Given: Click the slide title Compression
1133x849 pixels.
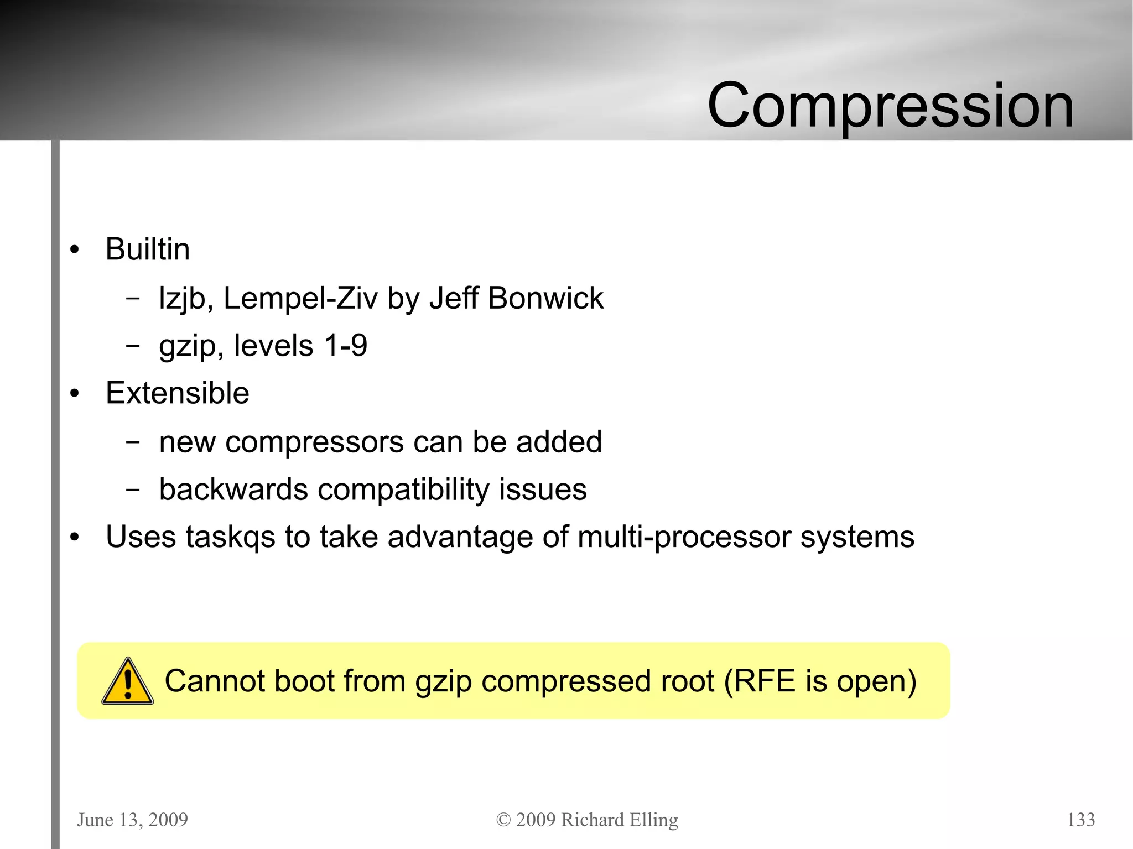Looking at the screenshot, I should pyautogui.click(x=890, y=105).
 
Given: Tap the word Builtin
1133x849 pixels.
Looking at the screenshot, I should pyautogui.click(x=147, y=249).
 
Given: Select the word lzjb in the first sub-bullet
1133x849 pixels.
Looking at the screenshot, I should pyautogui.click(x=182, y=299).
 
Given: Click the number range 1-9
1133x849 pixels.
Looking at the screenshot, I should pyautogui.click(x=346, y=346).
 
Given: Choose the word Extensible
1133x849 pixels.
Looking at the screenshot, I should pyautogui.click(x=177, y=393).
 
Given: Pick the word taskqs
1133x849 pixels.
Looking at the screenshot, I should pyautogui.click(x=230, y=537).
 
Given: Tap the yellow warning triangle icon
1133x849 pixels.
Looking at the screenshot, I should pyautogui.click(x=127, y=682).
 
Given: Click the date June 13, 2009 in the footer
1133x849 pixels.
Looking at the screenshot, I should pyautogui.click(x=132, y=820).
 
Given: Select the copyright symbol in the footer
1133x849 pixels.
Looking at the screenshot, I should pyautogui.click(x=503, y=820).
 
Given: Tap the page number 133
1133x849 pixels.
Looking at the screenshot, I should pyautogui.click(x=1080, y=820).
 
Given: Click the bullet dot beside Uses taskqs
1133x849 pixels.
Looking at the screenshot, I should pyautogui.click(x=75, y=537).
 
